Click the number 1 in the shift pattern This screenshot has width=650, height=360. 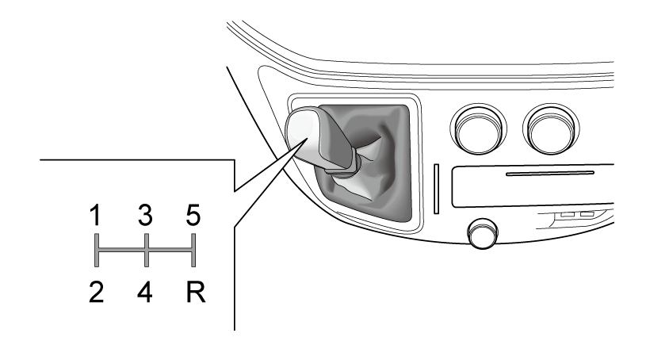(96, 216)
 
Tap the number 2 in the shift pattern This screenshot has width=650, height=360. (96, 292)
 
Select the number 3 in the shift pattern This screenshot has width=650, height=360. (145, 216)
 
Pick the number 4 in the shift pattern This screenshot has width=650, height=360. (145, 292)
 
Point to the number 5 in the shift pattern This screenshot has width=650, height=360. (193, 216)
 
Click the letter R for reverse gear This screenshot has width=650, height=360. (196, 292)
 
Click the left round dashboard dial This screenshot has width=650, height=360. (478, 128)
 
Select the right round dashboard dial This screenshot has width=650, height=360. (551, 128)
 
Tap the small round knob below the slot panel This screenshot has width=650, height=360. (483, 233)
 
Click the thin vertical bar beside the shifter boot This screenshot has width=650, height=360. (436, 189)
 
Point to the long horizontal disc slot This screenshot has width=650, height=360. (550, 174)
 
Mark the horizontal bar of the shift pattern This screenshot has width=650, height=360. (145, 250)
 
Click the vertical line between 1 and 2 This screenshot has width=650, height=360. (97, 250)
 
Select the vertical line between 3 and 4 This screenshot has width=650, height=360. (147, 250)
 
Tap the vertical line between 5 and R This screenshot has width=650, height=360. (193, 250)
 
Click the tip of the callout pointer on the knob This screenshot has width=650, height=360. (308, 138)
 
